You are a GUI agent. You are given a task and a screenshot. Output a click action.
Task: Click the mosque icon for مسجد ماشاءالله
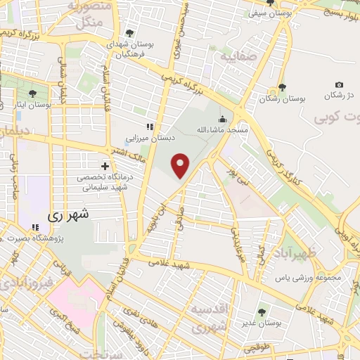point(223,118)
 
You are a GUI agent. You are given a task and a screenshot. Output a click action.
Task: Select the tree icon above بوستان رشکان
point(282,87)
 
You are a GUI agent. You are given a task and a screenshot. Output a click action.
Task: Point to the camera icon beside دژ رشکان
point(340,84)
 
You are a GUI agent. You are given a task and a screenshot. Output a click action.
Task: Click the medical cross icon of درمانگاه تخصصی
point(105,167)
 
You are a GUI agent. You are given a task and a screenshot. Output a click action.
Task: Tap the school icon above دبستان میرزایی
point(149,127)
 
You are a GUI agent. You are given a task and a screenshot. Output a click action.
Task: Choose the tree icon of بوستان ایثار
point(32,93)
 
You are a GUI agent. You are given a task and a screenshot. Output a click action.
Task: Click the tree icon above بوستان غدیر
point(262,311)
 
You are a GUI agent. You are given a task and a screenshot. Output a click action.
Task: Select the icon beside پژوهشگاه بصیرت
point(35,227)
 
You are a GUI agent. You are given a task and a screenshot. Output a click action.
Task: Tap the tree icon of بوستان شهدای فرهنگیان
point(129,32)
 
